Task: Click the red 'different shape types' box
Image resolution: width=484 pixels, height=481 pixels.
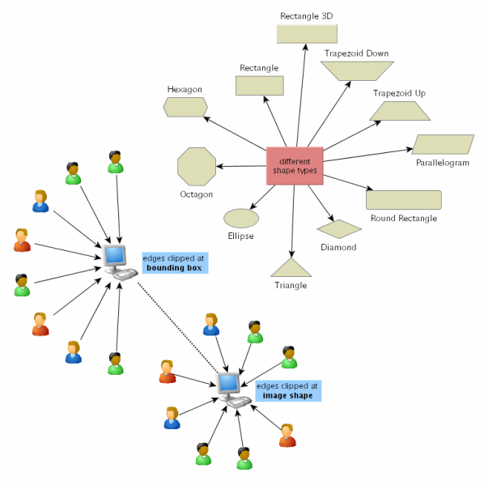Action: click(295, 166)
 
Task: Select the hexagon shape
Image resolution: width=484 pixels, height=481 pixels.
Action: click(185, 106)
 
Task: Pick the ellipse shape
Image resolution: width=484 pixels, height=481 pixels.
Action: click(240, 218)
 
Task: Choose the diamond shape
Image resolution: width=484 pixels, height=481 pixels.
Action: click(338, 229)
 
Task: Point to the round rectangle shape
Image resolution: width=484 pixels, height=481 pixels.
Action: click(403, 199)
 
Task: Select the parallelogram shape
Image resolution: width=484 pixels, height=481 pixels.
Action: click(443, 144)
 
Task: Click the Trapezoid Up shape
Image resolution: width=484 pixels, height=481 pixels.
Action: click(398, 112)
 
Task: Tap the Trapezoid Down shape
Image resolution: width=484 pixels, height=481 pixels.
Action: click(356, 70)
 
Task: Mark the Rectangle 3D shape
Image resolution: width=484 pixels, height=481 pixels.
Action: click(307, 33)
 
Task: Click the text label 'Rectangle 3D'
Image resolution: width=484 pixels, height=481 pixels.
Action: click(306, 15)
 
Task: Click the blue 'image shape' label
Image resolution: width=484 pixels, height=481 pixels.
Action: click(288, 391)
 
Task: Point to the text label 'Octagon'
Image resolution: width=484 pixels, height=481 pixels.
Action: click(196, 194)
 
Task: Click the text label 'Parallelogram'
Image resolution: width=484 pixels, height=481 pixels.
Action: click(443, 163)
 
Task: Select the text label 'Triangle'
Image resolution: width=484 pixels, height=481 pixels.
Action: click(291, 285)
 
